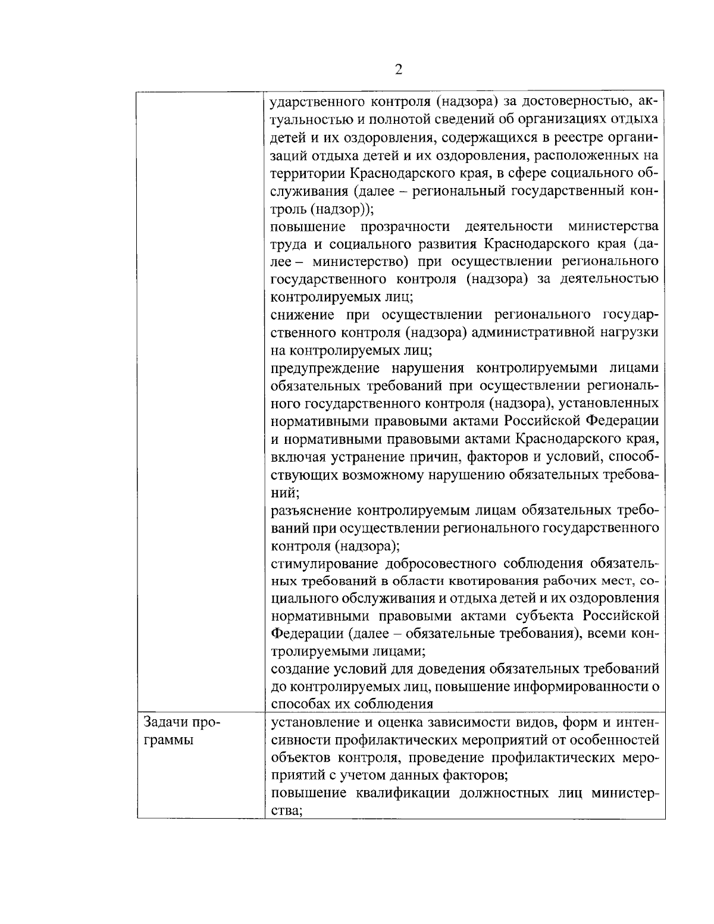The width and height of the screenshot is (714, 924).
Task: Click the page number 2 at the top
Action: pos(398,70)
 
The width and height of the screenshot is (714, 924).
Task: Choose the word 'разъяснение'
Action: pos(311,510)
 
